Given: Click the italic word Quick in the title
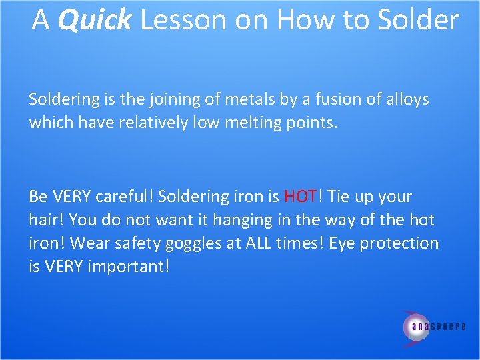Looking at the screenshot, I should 95,21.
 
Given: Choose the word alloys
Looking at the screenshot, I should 405,100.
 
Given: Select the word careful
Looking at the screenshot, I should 121,197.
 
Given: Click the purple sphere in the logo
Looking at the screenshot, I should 416,326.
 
